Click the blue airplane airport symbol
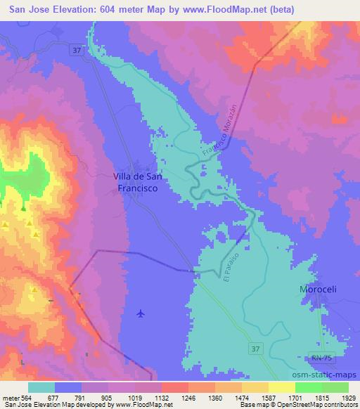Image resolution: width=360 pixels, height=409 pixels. pos(142,313)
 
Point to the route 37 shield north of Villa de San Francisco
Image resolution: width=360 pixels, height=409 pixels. pos(76,49)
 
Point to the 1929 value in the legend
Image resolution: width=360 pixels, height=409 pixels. pos(349,396)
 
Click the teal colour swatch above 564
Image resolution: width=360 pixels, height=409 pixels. pos(41,387)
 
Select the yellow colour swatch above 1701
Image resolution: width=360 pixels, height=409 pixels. pos(281,387)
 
